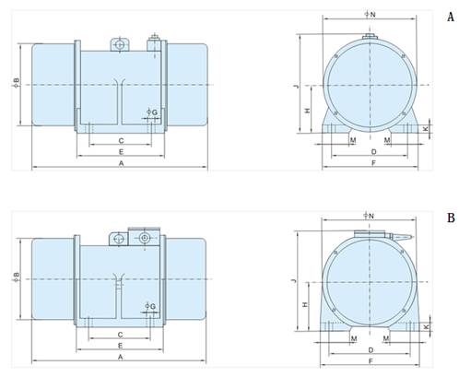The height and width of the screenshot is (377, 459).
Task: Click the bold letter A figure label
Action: [x=451, y=18]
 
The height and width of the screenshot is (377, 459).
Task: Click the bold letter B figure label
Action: [x=451, y=218]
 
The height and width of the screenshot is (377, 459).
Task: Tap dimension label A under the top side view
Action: [x=121, y=164]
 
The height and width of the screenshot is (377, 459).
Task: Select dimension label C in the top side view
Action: [x=121, y=141]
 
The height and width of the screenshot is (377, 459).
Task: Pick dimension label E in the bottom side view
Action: [x=121, y=346]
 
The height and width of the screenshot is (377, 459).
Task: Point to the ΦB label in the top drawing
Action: [x=16, y=82]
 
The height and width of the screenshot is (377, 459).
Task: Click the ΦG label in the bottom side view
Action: [x=150, y=306]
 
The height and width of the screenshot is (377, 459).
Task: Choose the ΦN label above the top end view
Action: [x=371, y=14]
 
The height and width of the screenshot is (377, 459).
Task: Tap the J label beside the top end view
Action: [x=297, y=88]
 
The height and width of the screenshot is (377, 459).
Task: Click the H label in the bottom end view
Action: [x=305, y=304]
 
